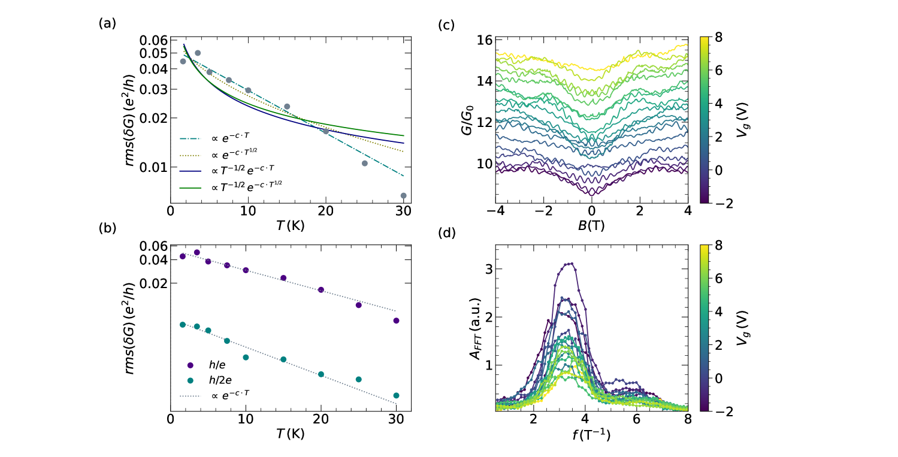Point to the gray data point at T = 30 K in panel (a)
(403, 195)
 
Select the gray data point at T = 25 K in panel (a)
(364, 163)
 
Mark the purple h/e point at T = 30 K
(396, 320)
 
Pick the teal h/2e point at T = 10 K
(246, 358)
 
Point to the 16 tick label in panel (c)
(483, 40)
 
